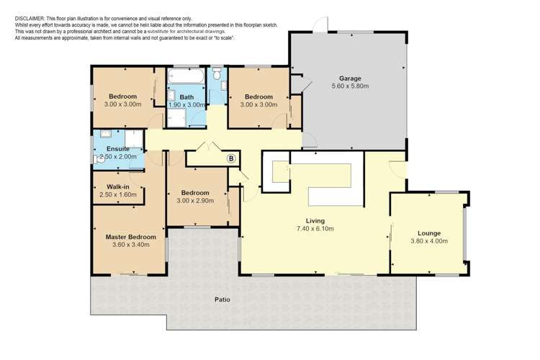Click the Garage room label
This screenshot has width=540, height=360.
pos(350,78)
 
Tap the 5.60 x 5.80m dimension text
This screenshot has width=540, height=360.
pos(350,86)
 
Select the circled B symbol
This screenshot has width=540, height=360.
pos(231,158)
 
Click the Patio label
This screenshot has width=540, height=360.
pos(222,300)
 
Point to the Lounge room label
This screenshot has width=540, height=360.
pos(429,233)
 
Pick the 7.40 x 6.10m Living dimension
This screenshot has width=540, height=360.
pos(315,228)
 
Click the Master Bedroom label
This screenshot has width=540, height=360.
pos(131,237)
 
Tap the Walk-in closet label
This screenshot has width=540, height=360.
pos(118,187)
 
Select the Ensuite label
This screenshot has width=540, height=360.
pos(118,149)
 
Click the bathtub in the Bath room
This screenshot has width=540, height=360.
pos(186,76)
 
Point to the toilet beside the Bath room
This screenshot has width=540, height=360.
pos(217,73)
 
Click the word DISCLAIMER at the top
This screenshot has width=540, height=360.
pos(30,19)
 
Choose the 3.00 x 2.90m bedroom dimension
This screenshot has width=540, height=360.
pos(195,200)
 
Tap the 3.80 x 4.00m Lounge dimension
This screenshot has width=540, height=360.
pos(429,241)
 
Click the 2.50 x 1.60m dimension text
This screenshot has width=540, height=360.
pos(118,194)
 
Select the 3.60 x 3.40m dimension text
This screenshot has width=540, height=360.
pos(131,245)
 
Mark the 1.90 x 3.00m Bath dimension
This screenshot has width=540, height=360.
pos(186,104)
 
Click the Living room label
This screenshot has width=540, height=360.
pos(315,221)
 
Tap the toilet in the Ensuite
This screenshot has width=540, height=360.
pos(97,159)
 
